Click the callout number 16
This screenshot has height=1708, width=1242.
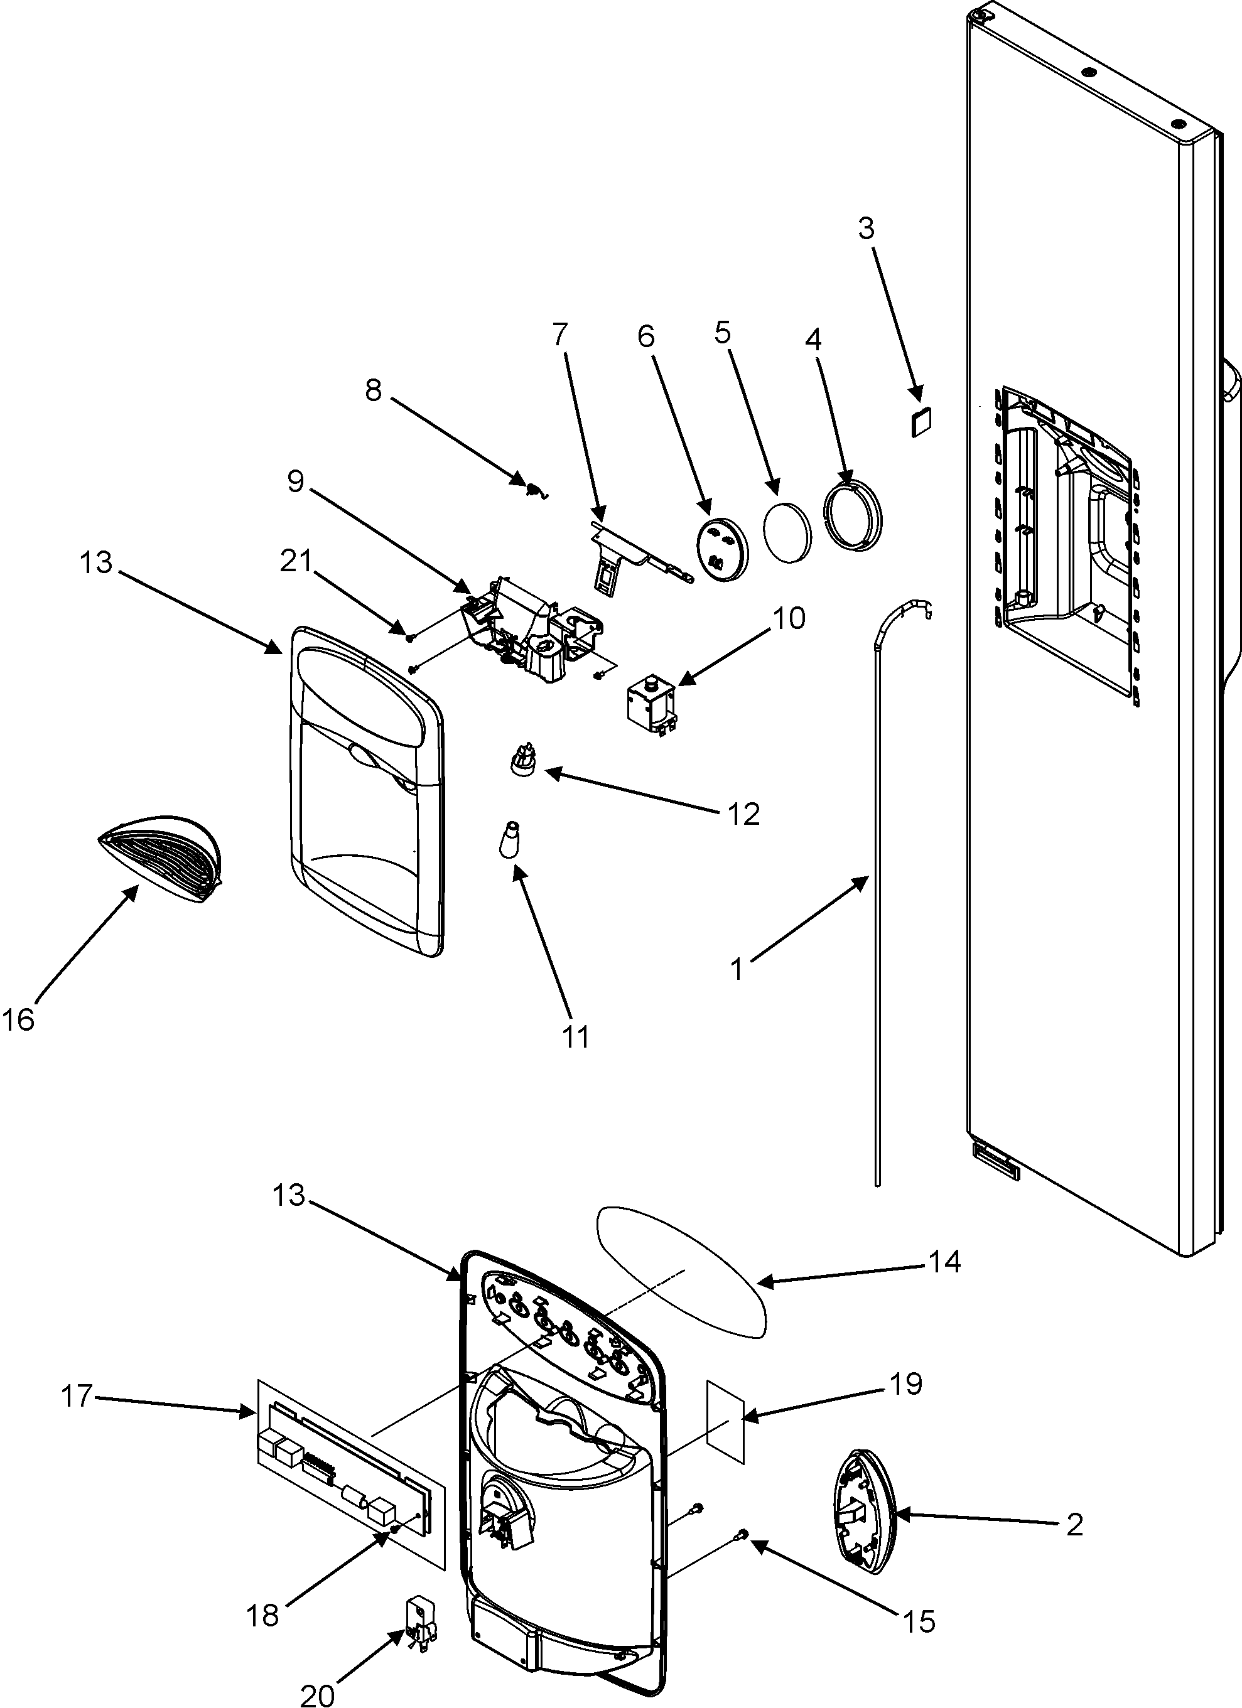click(x=18, y=1021)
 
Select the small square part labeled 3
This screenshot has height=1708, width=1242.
click(x=921, y=421)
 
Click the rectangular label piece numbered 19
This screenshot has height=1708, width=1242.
click(x=725, y=1422)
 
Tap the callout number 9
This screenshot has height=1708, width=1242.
click(x=295, y=481)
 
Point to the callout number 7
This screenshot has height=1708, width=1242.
click(x=559, y=333)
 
